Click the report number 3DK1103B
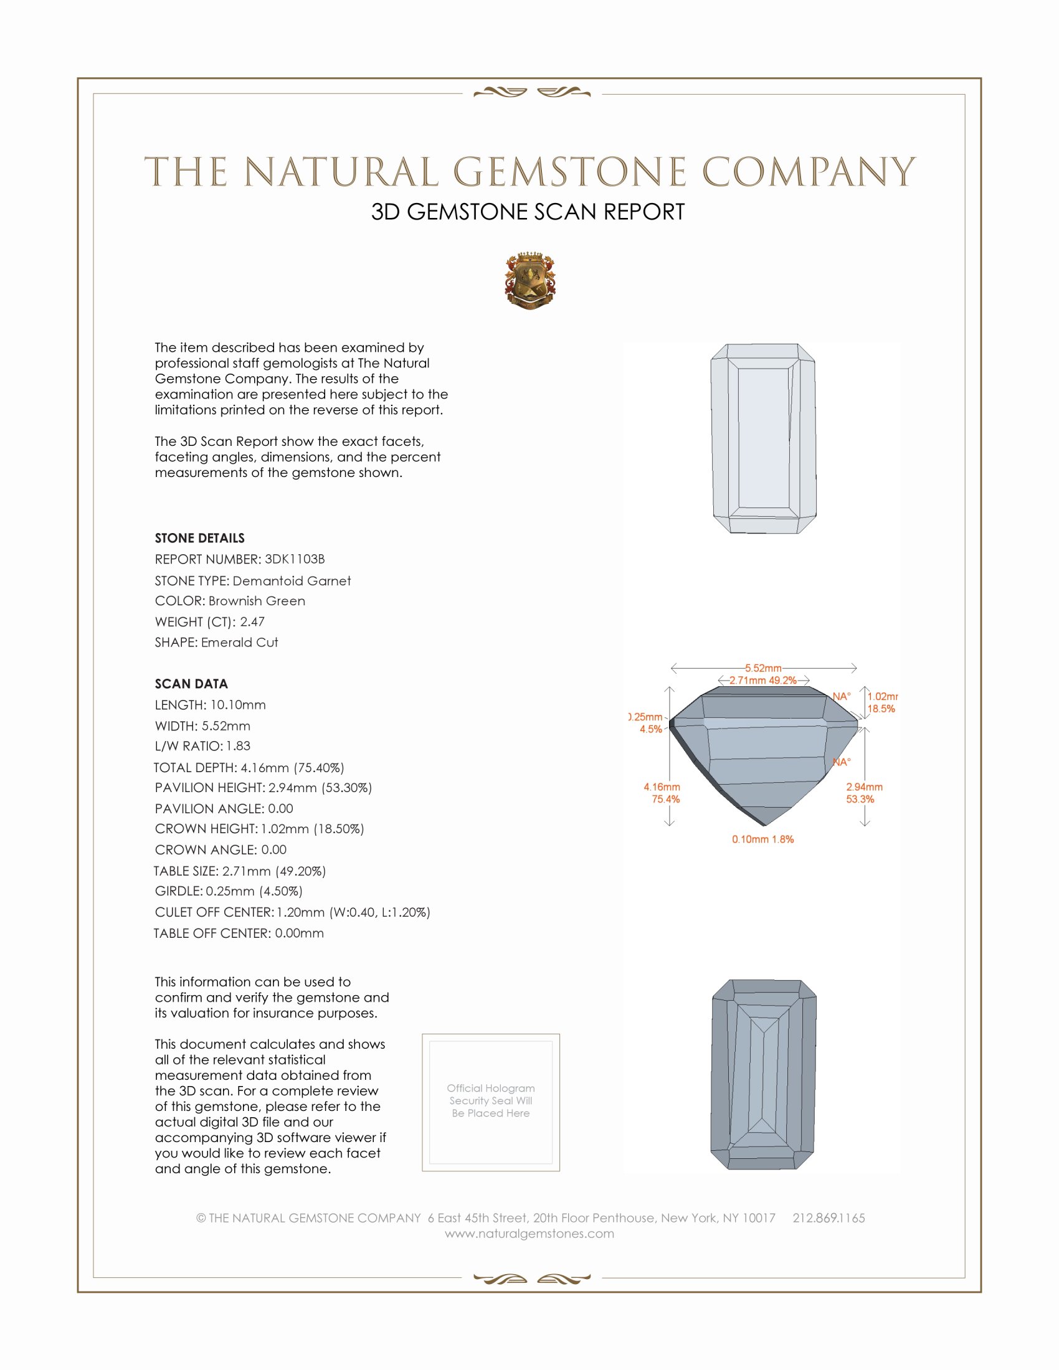click(x=240, y=559)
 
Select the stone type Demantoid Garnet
click(x=253, y=581)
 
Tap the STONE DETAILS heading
click(x=199, y=538)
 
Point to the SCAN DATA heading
click(x=191, y=684)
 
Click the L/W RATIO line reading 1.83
click(x=202, y=746)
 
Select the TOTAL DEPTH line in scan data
click(x=249, y=767)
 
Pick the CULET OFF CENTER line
click(x=292, y=912)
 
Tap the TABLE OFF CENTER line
click(x=239, y=933)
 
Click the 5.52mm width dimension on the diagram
click(x=763, y=668)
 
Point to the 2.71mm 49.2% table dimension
click(x=763, y=680)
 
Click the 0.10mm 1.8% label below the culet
click(x=763, y=839)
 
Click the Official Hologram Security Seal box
click(x=491, y=1102)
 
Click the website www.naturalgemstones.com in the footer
click(x=529, y=1234)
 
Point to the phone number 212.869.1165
click(x=829, y=1218)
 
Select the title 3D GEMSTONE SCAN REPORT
click(x=528, y=212)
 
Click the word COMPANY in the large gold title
click(x=809, y=172)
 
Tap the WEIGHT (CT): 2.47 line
click(x=209, y=621)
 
